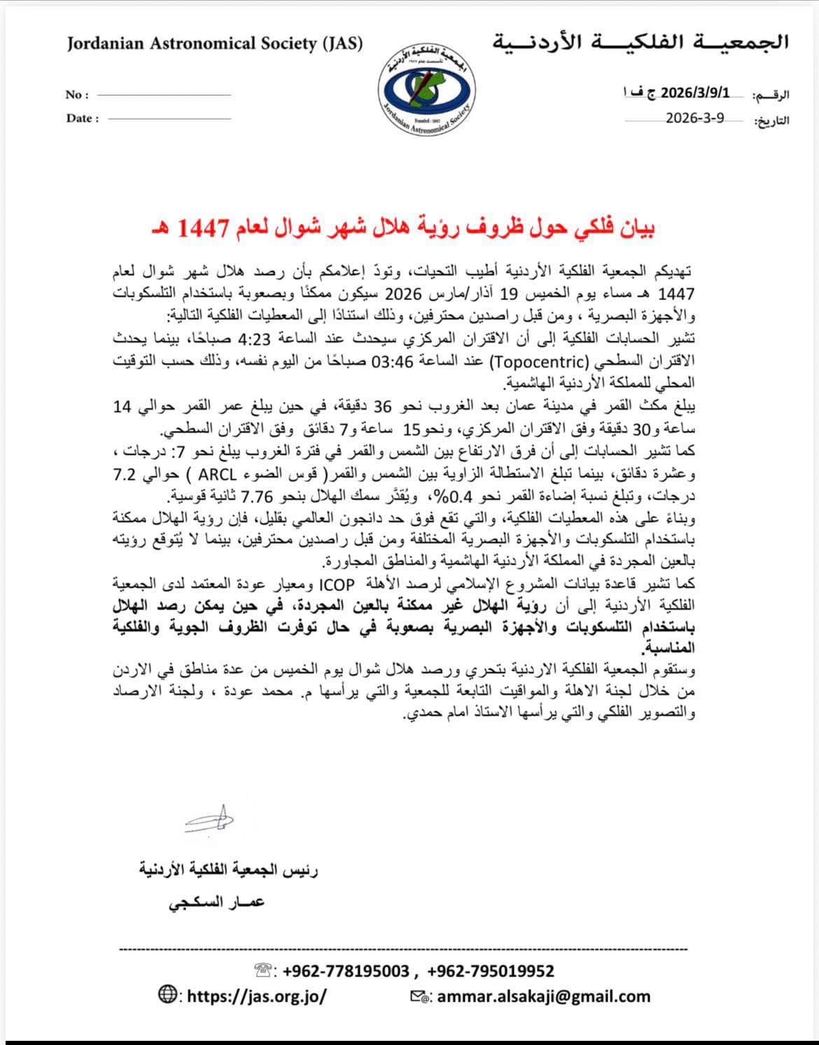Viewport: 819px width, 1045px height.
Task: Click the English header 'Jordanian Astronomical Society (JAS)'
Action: point(215,44)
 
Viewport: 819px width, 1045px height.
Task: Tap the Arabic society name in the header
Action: point(640,43)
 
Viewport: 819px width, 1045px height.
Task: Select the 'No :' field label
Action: point(77,95)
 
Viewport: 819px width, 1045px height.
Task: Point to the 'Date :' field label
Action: point(83,118)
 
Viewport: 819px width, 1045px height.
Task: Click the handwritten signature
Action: point(209,820)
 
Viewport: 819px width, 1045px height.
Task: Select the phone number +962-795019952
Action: point(491,971)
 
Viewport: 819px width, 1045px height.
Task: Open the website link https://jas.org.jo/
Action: point(257,995)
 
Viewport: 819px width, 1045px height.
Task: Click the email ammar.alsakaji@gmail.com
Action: point(543,996)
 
